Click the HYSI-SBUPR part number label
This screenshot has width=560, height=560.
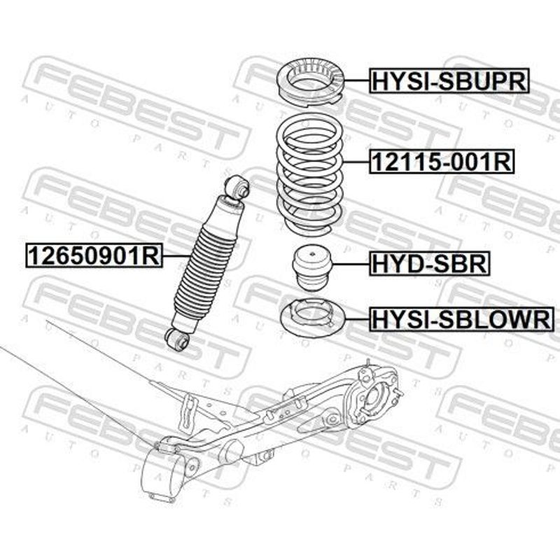click(449, 80)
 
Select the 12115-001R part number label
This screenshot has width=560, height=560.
click(442, 162)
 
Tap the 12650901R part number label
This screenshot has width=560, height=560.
click(94, 255)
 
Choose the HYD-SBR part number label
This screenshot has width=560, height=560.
click(429, 264)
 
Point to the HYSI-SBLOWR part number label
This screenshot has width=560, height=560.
click(462, 319)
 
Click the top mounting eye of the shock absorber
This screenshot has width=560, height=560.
click(238, 185)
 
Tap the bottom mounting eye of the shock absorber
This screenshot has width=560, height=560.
click(177, 339)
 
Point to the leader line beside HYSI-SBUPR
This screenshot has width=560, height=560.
click(357, 81)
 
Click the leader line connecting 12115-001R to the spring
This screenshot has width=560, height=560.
click(356, 162)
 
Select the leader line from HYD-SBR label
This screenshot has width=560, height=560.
click(351, 264)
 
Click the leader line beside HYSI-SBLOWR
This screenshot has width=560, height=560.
click(357, 319)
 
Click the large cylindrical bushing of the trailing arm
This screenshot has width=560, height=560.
click(164, 472)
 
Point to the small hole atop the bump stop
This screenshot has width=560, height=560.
click(312, 254)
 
